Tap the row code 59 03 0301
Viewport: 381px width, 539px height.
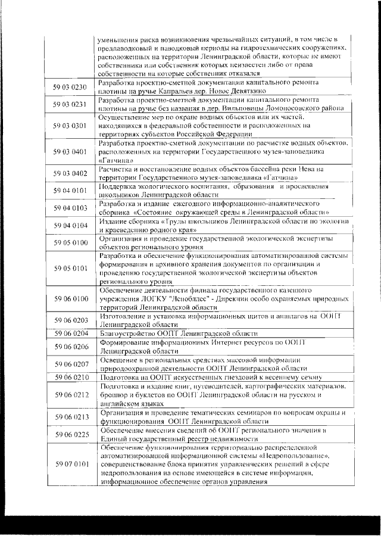[71, 126]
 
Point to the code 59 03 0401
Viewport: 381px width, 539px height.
[71, 152]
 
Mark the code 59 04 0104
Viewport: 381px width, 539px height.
[71, 225]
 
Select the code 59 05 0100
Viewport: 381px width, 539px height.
[71, 242]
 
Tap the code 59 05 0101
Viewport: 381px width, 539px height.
[71, 268]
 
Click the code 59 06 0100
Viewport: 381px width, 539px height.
[71, 298]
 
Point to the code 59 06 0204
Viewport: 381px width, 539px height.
[71, 334]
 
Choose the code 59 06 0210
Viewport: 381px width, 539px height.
[71, 377]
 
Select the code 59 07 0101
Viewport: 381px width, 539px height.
[71, 463]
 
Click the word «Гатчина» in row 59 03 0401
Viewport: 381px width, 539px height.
[111, 160]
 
